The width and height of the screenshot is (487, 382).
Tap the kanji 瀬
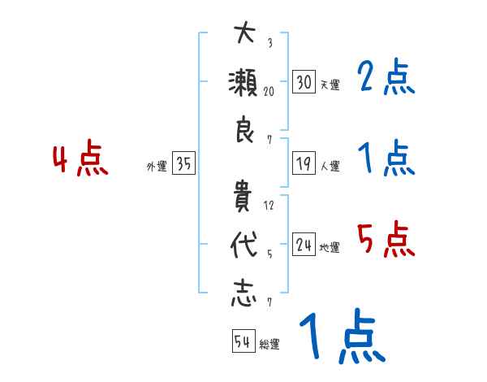(x=243, y=84)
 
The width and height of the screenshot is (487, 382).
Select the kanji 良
(x=243, y=131)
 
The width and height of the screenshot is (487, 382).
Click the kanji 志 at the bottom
(x=243, y=295)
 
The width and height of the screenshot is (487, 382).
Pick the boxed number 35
(x=184, y=165)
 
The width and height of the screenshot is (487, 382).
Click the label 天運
(x=330, y=85)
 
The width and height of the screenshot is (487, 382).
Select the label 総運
(x=269, y=345)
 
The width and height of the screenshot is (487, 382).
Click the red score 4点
(x=80, y=159)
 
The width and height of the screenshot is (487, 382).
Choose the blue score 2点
(x=386, y=78)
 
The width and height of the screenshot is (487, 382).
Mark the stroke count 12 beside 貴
(x=269, y=206)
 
